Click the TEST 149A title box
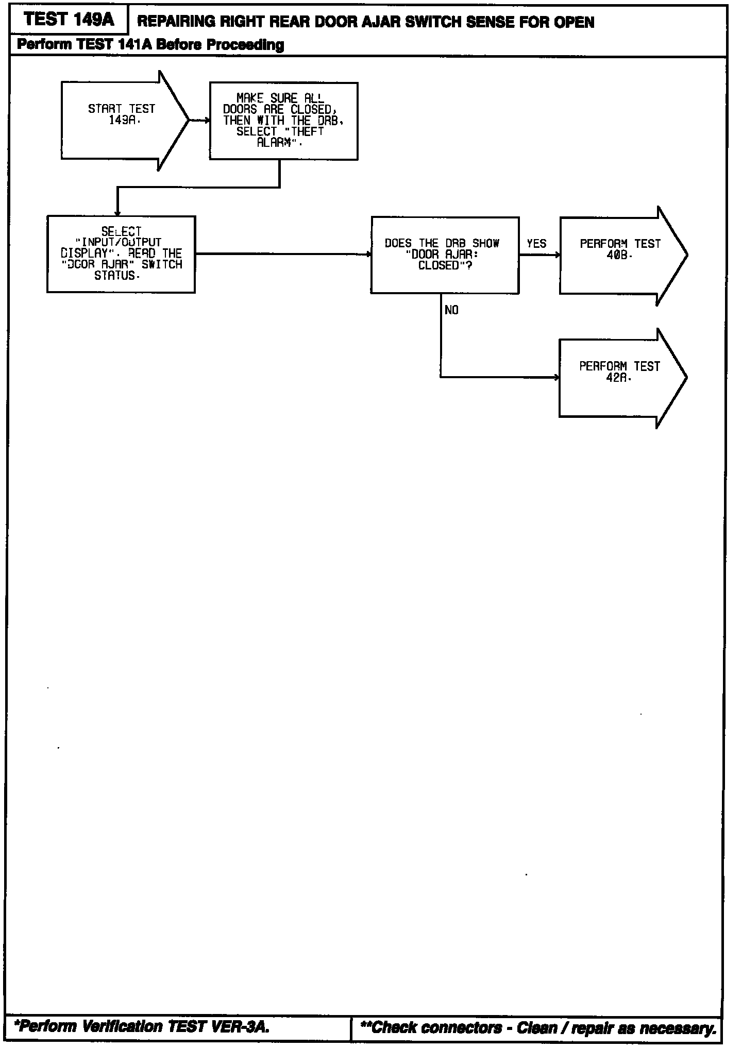69,20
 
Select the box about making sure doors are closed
283,121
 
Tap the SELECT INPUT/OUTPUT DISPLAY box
121,254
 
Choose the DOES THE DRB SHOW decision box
445,255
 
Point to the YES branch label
536,243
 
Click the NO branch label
451,310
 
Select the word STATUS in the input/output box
117,276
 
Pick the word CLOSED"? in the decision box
446,265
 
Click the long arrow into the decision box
283,254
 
